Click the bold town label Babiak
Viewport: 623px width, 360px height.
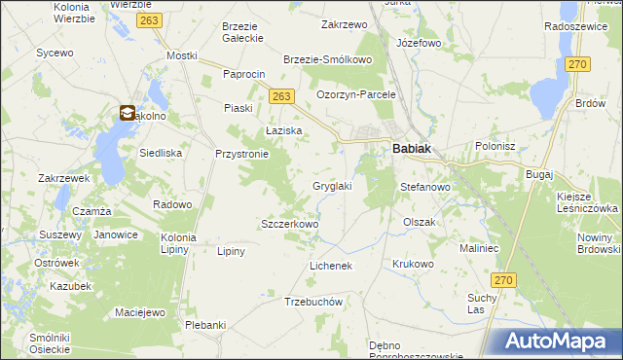[412, 150]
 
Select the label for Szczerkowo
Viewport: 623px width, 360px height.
[290, 224]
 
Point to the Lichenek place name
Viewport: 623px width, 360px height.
[330, 265]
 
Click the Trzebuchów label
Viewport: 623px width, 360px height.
[313, 302]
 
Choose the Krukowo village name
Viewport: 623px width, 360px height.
[412, 264]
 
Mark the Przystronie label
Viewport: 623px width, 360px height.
[241, 153]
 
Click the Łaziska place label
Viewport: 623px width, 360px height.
[284, 129]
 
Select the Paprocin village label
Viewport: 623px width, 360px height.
[244, 74]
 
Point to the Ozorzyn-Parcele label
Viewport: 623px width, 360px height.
[356, 94]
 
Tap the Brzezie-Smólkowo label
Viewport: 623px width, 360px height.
[328, 59]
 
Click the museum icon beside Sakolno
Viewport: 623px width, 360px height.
[128, 114]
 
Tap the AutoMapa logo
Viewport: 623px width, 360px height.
[556, 342]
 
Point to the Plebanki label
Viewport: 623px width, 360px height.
[205, 325]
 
